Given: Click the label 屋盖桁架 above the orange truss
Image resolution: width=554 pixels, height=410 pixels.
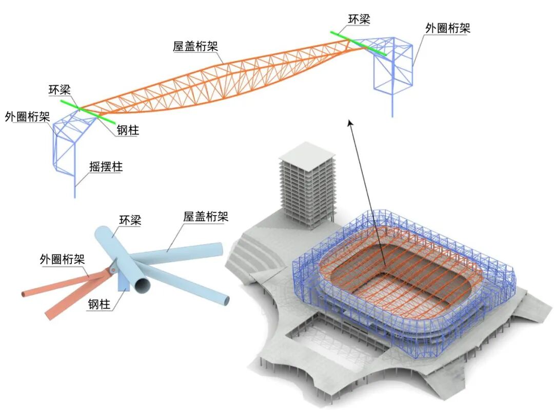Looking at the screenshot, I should coord(195,46).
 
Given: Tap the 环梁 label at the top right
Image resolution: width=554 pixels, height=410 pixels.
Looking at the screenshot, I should coord(359,19).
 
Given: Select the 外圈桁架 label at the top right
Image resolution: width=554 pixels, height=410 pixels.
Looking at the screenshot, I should coord(447,28).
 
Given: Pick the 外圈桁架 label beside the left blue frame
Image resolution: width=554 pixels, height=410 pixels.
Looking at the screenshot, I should coord(27,116).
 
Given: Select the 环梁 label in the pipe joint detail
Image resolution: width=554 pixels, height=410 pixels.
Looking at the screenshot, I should coord(130,221).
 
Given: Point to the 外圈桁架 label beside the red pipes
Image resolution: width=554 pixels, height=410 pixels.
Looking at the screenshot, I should coord(62,259).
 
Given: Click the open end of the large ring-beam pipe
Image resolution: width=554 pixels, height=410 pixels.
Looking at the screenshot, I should coord(142,284).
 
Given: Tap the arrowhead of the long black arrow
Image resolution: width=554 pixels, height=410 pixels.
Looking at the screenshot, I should coord(349,123).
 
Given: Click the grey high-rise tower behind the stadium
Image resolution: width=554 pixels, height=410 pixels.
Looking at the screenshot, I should coord(306,185).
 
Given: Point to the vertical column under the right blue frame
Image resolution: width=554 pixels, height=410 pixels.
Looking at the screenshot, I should coord(392,105).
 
